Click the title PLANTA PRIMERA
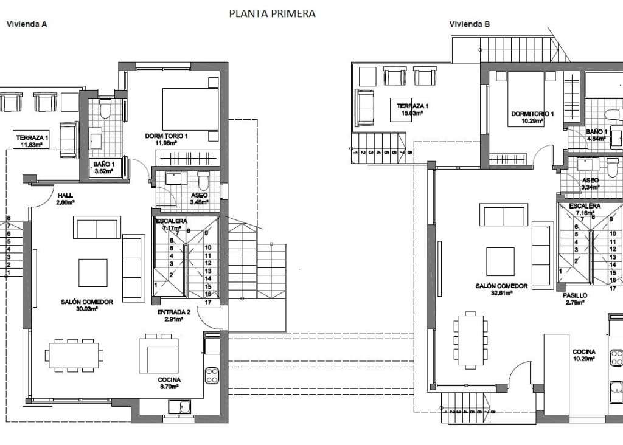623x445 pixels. [272, 13]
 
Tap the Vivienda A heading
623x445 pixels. [27, 25]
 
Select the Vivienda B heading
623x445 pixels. [470, 25]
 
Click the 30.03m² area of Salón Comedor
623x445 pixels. [86, 309]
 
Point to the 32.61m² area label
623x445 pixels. [502, 293]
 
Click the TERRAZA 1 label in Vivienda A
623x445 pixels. [32, 137]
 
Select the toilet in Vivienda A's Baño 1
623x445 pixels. [105, 109]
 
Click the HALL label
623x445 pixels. [64, 196]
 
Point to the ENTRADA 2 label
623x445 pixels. [174, 312]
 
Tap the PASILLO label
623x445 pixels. [574, 295]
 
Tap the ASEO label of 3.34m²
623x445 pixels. [590, 181]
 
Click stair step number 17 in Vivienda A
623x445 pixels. [207, 302]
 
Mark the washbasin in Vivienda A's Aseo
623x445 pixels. [175, 178]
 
